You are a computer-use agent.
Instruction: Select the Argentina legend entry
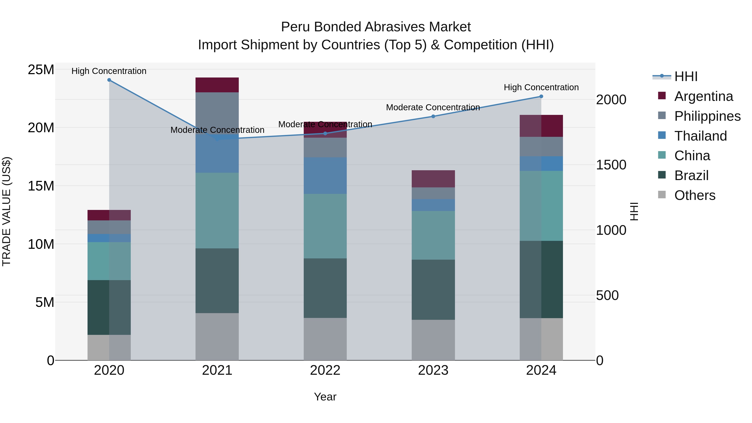tap(703, 96)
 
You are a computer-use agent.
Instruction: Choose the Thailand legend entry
tap(700, 136)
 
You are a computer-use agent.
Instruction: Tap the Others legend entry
tap(695, 195)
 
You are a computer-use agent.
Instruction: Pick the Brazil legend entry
tap(691, 175)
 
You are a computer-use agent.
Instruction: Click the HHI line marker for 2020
tap(109, 80)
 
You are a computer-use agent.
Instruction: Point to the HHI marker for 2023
tap(433, 117)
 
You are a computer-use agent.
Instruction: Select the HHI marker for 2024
tap(541, 96)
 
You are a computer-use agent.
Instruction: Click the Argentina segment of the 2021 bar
tap(217, 85)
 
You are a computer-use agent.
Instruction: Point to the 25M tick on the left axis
tap(41, 70)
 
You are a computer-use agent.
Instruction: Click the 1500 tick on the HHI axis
tap(611, 165)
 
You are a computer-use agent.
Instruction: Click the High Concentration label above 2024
tap(541, 87)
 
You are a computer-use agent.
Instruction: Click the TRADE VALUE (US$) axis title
tap(6, 211)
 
